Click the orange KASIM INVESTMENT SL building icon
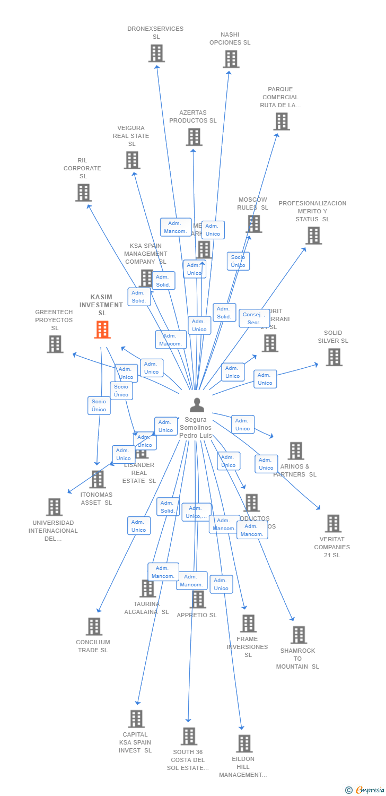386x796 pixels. (x=102, y=330)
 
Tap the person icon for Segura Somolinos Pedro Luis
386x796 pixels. (x=197, y=405)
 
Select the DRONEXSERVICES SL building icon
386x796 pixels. (x=156, y=53)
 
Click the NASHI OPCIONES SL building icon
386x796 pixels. (x=231, y=59)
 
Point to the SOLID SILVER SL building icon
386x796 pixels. (x=334, y=357)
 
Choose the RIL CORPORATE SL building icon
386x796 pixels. (x=83, y=193)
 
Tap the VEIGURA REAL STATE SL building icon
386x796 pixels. (x=132, y=160)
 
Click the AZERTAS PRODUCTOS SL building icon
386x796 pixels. (x=194, y=137)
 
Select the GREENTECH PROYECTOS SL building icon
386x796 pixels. (x=55, y=344)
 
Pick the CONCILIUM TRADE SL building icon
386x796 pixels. (x=94, y=626)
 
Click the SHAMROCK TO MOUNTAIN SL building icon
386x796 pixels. (x=299, y=635)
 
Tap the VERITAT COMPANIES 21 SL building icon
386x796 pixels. (x=333, y=523)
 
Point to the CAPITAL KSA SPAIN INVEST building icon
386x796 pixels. (x=136, y=719)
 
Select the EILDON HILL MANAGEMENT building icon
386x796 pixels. (x=244, y=743)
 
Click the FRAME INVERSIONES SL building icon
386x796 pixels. (x=248, y=623)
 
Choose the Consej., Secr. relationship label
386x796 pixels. (x=254, y=318)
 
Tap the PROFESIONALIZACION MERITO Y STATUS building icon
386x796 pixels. (x=314, y=235)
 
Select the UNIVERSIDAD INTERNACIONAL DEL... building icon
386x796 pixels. (x=54, y=507)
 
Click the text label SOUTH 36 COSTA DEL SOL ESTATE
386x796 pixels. (x=188, y=760)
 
